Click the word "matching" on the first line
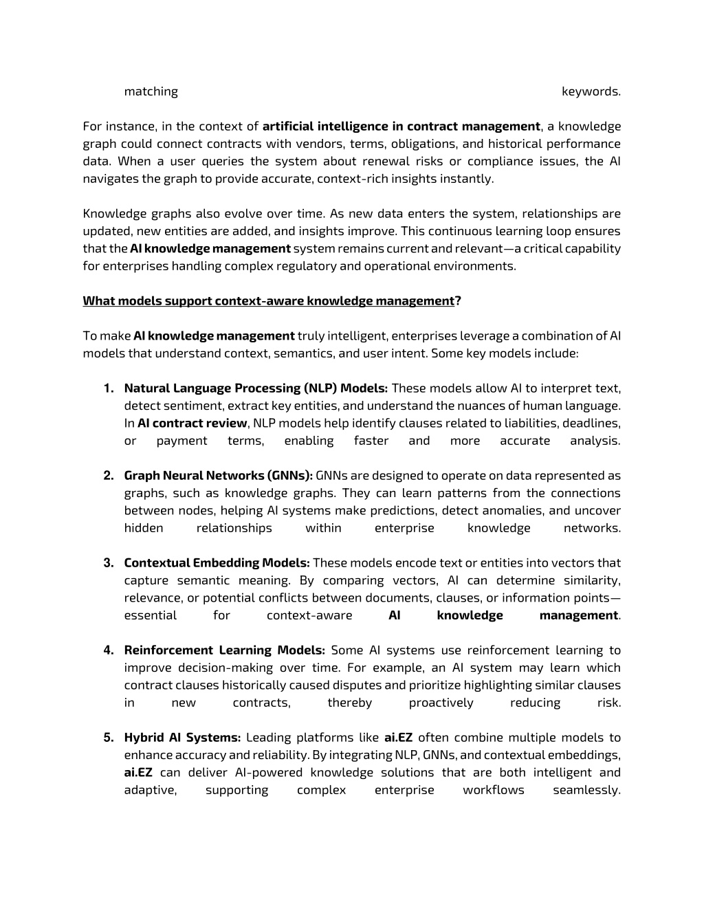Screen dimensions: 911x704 click(151, 91)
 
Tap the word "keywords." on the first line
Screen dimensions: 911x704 click(591, 91)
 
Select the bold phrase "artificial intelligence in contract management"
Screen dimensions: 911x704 click(401, 127)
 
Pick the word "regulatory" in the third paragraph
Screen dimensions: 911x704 click(308, 266)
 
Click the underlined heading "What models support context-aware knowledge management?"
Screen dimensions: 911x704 click(272, 301)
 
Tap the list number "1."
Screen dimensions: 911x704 click(109, 388)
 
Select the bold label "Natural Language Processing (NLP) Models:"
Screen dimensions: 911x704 click(256, 388)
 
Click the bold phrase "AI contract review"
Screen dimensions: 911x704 click(192, 424)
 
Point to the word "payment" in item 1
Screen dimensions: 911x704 click(181, 441)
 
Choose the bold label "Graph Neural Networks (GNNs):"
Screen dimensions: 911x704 click(218, 476)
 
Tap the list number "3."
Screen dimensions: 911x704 click(109, 563)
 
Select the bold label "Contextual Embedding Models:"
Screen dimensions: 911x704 click(217, 563)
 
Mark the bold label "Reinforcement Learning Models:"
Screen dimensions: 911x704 click(224, 650)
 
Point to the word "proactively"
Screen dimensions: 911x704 click(441, 703)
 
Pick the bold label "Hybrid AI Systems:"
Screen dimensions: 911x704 click(182, 738)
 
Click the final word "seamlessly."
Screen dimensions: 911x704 click(586, 790)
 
